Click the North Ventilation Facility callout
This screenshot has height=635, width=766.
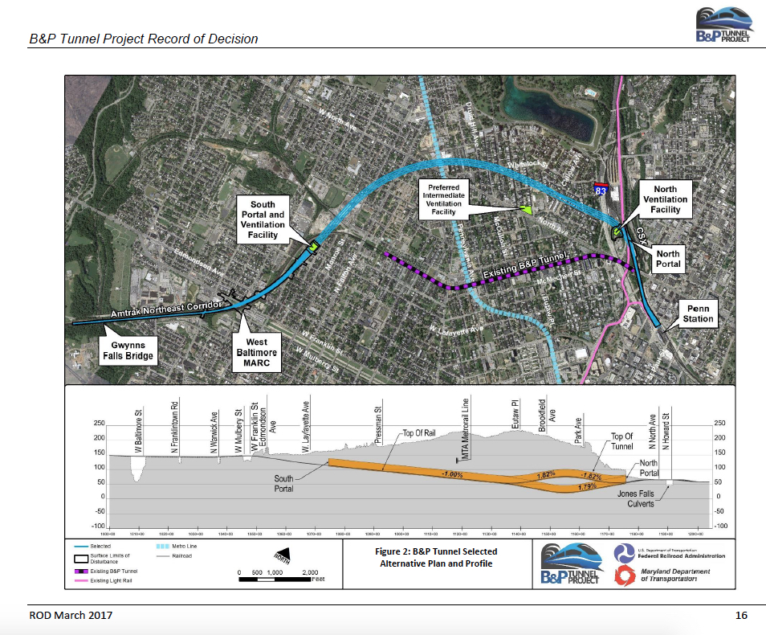click(x=665, y=199)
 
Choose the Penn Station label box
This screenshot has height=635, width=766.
click(x=698, y=313)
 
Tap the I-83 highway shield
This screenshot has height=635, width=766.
click(x=601, y=190)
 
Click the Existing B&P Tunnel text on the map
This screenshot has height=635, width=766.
click(x=525, y=268)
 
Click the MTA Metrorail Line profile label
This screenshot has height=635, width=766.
click(x=466, y=430)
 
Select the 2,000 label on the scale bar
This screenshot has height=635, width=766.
click(x=309, y=571)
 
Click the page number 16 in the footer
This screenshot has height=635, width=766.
click(x=740, y=616)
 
